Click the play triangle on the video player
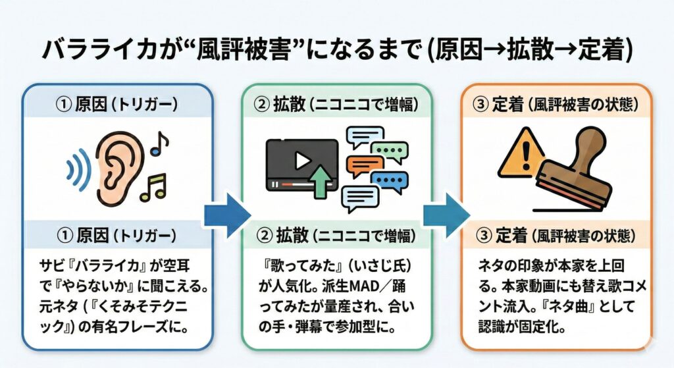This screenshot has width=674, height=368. (301, 160)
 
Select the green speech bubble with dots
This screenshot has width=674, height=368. (389, 153)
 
